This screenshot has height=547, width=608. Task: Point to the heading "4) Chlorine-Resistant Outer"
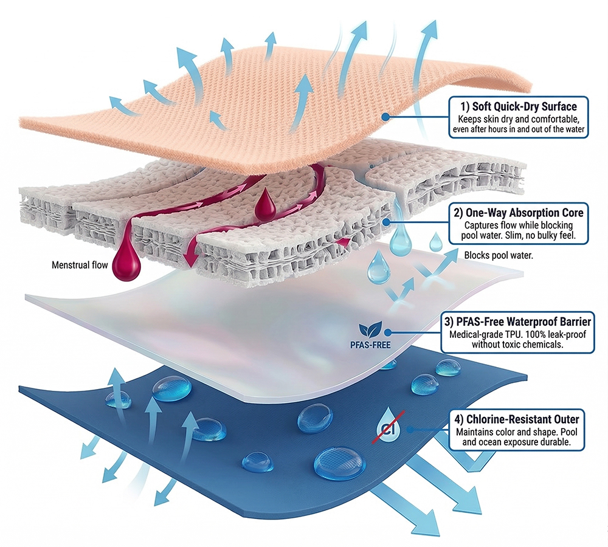tap(517, 419)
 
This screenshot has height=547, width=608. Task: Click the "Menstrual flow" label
tap(79, 265)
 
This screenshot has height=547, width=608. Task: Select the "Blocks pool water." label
tap(499, 256)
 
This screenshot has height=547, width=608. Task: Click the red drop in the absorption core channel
tap(265, 207)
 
